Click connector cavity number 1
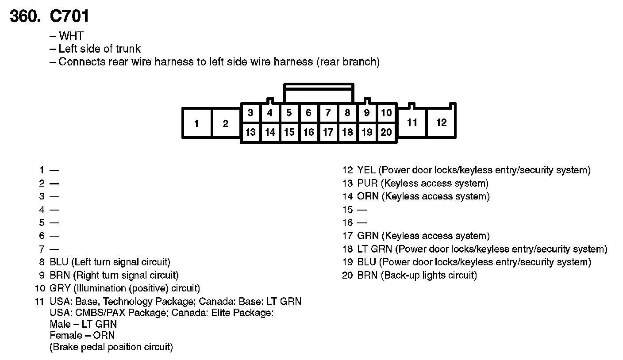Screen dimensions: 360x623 point(196,123)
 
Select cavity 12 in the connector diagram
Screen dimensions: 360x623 point(441,123)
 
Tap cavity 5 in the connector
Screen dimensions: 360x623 point(289,113)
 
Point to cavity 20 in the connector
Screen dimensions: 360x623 point(386,132)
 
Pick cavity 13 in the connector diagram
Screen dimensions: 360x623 point(250,132)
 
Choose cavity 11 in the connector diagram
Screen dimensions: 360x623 point(412,123)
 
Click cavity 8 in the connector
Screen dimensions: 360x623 point(347,113)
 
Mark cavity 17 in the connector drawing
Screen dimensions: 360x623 point(328,132)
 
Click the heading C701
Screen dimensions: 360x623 point(69,16)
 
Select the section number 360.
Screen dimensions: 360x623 point(25,16)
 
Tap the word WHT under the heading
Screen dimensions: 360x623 point(71,36)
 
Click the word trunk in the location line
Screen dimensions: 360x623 point(128,49)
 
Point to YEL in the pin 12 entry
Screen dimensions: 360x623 point(366,170)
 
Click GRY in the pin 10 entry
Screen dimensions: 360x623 point(60,288)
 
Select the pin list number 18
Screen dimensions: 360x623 point(347,249)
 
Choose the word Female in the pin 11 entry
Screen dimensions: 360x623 point(66,335)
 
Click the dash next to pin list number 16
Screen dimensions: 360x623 point(362,223)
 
